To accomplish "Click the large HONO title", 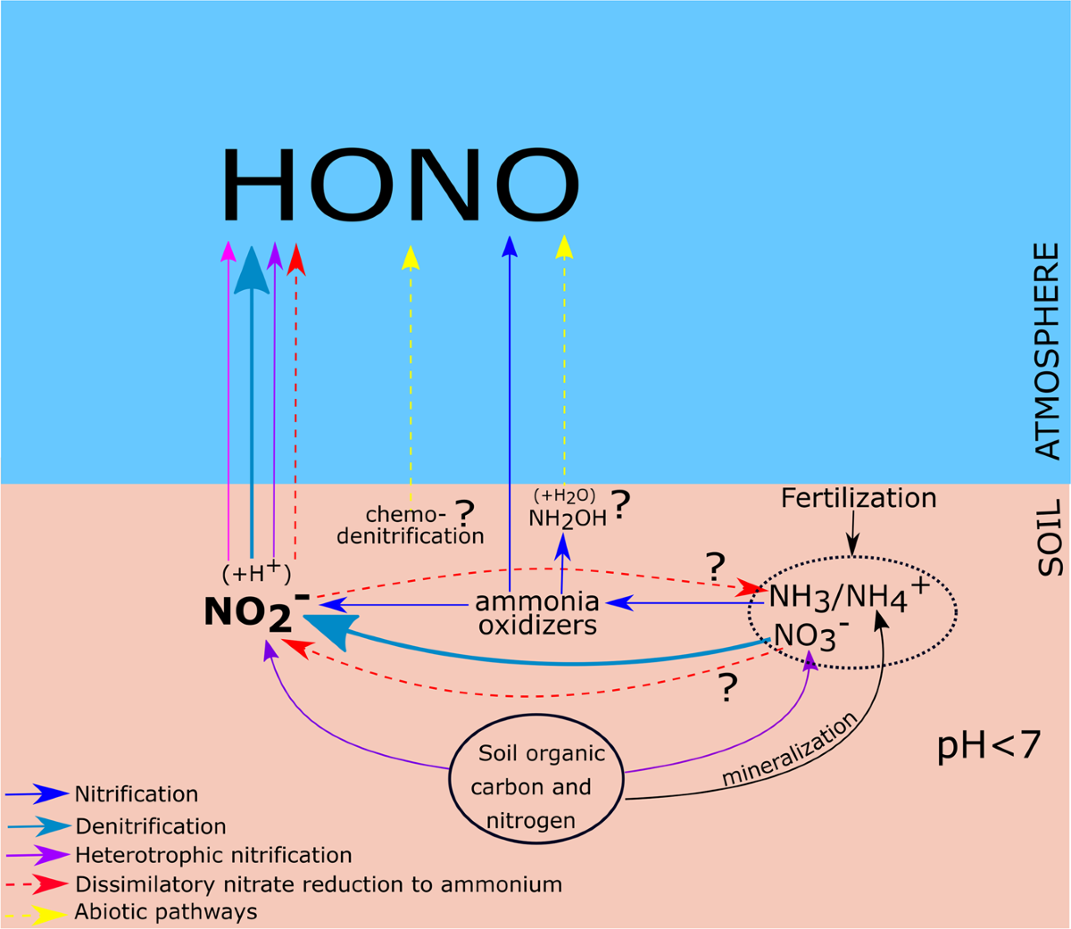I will click(x=401, y=184).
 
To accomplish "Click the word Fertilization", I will click(x=859, y=498).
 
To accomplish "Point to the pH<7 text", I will click(x=989, y=745).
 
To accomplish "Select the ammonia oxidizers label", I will click(x=537, y=613).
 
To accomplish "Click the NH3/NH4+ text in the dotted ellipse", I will click(x=848, y=596).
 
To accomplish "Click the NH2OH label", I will click(x=568, y=518).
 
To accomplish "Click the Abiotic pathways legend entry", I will click(x=166, y=912).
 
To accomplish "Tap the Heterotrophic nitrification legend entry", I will click(x=213, y=855).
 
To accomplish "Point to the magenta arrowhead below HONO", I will click(x=228, y=252).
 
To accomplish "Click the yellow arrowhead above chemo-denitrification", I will click(x=411, y=257).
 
